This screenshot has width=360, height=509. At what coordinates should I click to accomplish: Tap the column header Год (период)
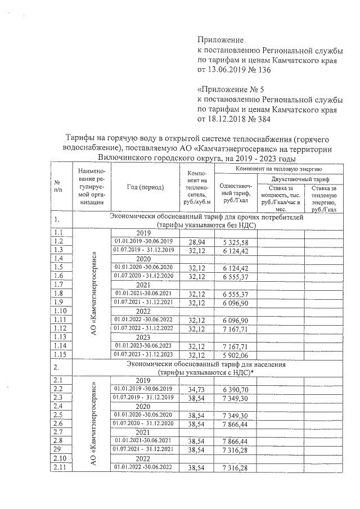(x=145, y=187)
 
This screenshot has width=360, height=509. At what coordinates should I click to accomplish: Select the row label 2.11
(x=58, y=467)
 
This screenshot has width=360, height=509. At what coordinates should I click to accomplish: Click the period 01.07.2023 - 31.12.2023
(x=145, y=355)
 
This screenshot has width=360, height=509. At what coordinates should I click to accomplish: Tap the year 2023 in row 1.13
(x=145, y=337)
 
